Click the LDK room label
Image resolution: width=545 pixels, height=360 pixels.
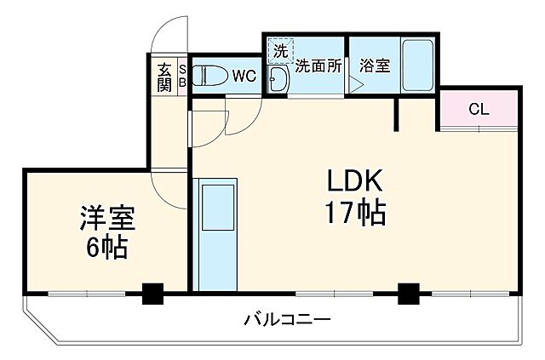point(355,181)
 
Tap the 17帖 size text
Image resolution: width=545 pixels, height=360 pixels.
point(355,213)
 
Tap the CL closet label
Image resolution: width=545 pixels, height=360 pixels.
point(478,109)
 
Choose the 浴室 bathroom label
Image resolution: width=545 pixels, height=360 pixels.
point(375,65)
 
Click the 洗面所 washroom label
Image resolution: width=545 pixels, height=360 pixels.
point(319,65)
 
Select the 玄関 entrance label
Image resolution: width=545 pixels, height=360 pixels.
point(163,76)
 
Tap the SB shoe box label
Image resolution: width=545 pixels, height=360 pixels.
point(181,76)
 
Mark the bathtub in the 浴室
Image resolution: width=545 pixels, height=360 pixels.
point(417,66)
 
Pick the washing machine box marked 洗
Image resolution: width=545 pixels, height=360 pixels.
point(279,50)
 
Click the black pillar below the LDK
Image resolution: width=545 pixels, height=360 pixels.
point(410,294)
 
